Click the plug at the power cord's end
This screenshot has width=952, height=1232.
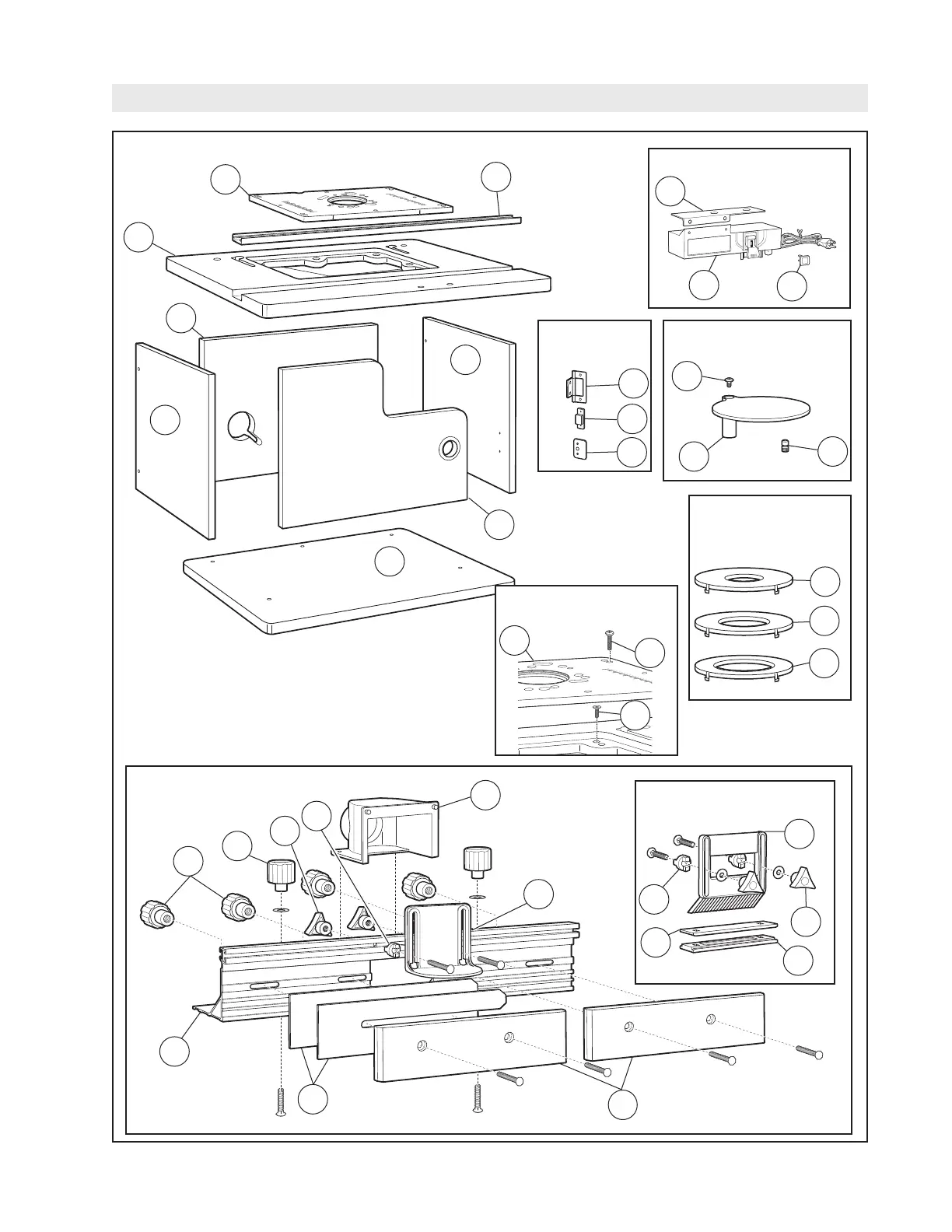coord(833,242)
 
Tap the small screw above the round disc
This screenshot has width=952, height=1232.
coord(729,383)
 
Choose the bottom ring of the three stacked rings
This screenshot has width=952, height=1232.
coord(742,667)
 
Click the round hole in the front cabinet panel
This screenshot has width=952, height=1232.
coord(450,449)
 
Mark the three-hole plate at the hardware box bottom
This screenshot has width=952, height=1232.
coord(579,450)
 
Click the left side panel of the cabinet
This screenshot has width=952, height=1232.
coord(175,439)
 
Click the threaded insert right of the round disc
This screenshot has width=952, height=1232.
coord(786,446)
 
